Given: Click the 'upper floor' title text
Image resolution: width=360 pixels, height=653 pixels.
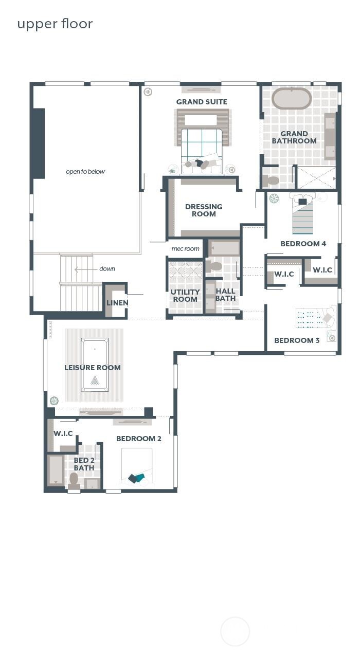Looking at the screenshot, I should coord(55,24).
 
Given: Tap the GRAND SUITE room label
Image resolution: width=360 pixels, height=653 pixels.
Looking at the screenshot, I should coord(202,102).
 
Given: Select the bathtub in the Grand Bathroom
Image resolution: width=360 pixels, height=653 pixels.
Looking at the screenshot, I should coord(292,98).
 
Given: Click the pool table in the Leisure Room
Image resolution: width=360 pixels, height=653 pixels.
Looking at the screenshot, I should coord(95,365).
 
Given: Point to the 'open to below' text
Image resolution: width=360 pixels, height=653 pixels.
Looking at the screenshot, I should coord(85,172).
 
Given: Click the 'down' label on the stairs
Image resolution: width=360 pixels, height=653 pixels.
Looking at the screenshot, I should coord(107,269).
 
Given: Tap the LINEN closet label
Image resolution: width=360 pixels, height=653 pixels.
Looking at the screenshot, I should coord(117,303).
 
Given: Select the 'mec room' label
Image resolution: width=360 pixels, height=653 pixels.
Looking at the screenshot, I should coord(185,249).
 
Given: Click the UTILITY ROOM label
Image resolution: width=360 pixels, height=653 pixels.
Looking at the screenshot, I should coord(185,296).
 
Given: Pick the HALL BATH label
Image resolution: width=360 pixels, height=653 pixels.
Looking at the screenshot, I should coord(225,295).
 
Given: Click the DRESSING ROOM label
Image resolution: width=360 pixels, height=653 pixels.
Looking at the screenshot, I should coord(204,210).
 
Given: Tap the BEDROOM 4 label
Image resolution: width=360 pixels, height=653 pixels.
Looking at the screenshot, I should coord(303,244).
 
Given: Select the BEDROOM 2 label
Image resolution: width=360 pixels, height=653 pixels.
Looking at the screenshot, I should coord(139,439).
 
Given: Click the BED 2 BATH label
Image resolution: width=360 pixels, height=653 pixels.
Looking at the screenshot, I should coord(84,464).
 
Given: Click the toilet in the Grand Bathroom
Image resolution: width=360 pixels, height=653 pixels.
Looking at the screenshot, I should coord(272,180).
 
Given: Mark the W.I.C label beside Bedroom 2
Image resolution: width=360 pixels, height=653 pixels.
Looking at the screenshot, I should coord(63,433).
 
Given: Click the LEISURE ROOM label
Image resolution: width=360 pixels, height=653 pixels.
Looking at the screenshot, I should coord(93,368).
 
